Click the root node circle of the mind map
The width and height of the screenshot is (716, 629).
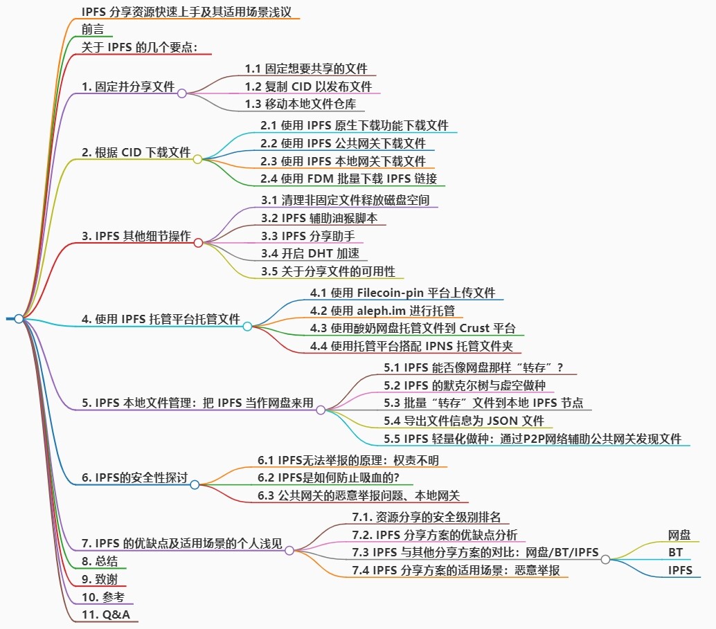pos(19,319)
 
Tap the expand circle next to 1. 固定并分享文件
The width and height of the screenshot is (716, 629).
pos(182,93)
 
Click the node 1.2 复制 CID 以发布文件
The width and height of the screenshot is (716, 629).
pos(308,86)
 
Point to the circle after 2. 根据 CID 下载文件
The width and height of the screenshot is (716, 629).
pos(197,159)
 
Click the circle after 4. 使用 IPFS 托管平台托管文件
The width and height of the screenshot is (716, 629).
pos(247,326)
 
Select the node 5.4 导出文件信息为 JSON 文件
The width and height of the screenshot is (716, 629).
pos(464,421)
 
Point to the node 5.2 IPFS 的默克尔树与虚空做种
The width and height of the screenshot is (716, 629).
pos(469,385)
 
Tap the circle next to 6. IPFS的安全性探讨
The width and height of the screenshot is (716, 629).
pos(195,485)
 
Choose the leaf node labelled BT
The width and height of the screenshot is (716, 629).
pos(675,553)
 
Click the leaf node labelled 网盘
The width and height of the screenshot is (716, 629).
pos(679,535)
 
